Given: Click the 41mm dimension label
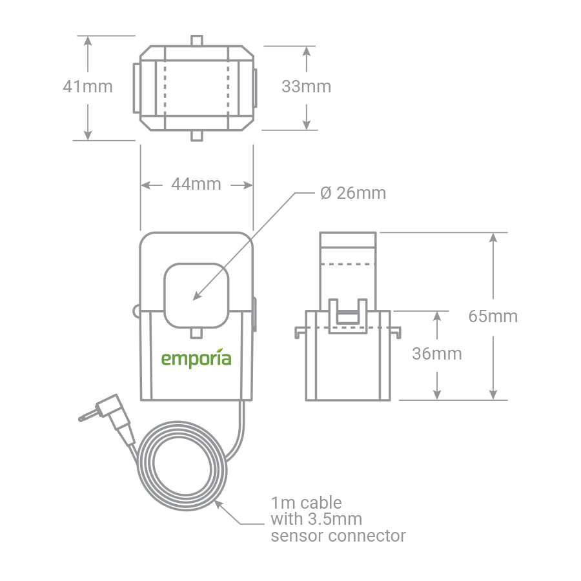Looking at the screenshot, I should point(87,87).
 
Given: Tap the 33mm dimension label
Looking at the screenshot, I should point(306,87).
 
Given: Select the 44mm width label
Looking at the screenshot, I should point(196,185).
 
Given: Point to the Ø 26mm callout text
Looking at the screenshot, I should point(353,193).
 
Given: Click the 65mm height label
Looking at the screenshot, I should point(493,316).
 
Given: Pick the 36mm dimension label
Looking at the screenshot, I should point(437,354).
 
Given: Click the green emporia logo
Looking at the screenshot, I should point(196,359).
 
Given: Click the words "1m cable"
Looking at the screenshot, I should point(307,502).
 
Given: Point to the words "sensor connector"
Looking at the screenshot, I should point(339,536).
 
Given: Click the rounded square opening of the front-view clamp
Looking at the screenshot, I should point(197,294).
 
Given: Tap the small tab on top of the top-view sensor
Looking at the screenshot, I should point(197,41).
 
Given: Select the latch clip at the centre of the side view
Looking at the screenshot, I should point(349,316).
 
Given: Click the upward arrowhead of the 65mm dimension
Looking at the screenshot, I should point(493,238).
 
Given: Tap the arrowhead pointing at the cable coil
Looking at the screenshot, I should point(219,504).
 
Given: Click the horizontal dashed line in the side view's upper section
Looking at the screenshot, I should point(349,264).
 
